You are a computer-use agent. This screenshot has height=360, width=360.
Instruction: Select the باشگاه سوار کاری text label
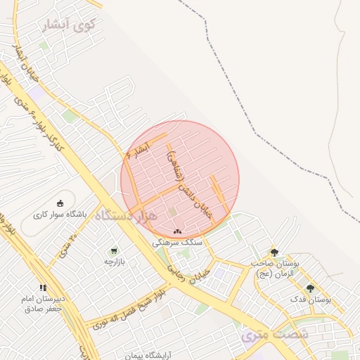click(x=60, y=215)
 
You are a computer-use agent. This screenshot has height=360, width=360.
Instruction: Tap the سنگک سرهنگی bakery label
click(x=176, y=242)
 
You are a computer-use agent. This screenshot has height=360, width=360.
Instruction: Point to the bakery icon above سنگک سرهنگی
click(x=176, y=231)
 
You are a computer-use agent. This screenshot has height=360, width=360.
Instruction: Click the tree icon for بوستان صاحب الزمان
click(x=274, y=252)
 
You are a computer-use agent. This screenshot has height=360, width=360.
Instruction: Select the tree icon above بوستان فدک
click(x=310, y=288)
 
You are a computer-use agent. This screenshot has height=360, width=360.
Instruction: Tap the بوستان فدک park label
click(x=310, y=300)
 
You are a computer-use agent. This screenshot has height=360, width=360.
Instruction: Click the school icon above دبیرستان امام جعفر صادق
click(x=43, y=288)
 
